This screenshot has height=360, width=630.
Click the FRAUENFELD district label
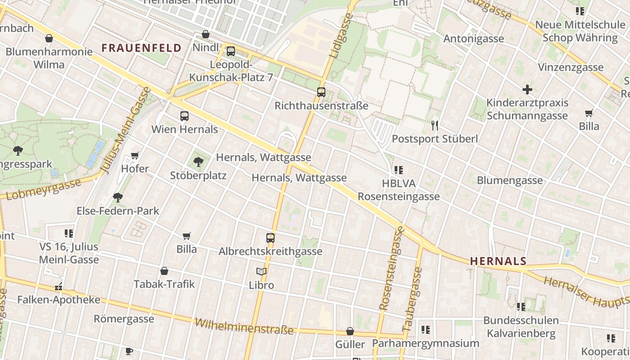[141, 48]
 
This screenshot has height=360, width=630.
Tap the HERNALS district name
[498, 261]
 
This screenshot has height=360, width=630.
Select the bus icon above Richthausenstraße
[321, 92]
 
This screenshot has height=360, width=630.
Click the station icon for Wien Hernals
[184, 116]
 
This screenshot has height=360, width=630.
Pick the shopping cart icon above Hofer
[135, 156]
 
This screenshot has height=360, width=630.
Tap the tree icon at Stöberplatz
[198, 162]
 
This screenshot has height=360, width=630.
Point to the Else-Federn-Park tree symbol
[118, 197]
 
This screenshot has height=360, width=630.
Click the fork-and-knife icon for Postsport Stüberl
[435, 125]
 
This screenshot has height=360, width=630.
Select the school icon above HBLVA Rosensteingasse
[398, 170]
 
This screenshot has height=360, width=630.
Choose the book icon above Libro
[261, 271]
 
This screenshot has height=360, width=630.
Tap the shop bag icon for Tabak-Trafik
[164, 271]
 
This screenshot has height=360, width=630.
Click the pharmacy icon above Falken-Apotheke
[58, 286]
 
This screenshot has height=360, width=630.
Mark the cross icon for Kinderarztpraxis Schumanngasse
[527, 90]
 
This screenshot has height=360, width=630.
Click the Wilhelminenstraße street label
[244, 326]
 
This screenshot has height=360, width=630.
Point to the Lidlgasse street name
[340, 35]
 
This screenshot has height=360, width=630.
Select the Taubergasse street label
[412, 299]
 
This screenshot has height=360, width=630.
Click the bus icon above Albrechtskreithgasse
[270, 238]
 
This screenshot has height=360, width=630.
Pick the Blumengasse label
[509, 180]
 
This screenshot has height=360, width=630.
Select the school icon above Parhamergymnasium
[425, 330]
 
